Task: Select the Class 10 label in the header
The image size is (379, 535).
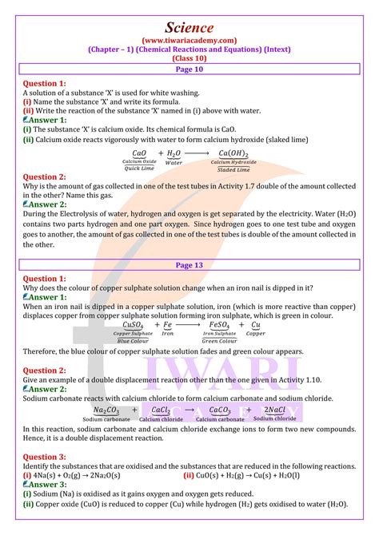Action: coord(189,58)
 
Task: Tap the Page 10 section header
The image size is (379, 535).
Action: coord(189,70)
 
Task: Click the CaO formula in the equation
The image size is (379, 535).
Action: coord(139,153)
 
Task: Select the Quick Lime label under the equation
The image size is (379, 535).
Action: coord(139,168)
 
